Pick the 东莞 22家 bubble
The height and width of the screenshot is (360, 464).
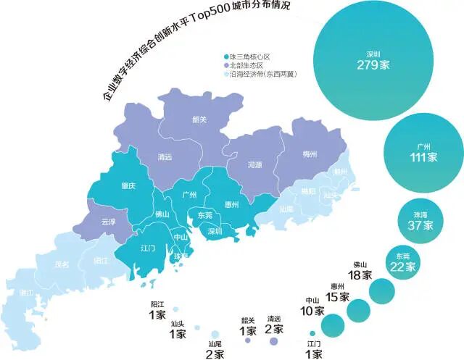402,261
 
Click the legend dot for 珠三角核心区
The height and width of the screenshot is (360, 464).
227,56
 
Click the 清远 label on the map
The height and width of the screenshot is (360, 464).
165,156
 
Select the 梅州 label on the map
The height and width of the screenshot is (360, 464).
310,154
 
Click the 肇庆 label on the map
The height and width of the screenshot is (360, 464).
129,186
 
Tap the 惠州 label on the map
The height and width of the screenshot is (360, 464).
232,205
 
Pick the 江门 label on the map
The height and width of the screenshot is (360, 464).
148,248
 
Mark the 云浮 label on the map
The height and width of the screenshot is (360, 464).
108,222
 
